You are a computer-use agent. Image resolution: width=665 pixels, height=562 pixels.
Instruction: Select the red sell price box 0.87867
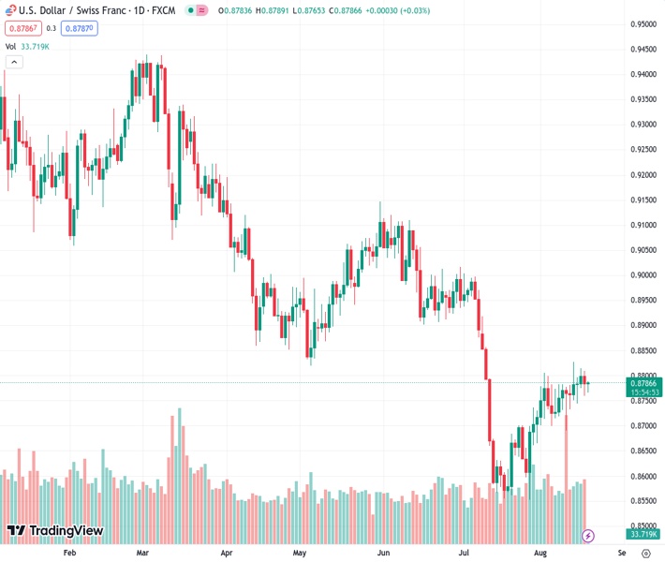pyautogui.click(x=22, y=28)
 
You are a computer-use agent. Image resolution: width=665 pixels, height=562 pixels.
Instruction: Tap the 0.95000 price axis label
pyautogui.click(x=642, y=24)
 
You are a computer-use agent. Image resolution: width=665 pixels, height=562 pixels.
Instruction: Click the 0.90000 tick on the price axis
pyautogui.click(x=642, y=275)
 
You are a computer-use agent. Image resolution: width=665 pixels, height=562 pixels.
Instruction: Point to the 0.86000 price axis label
pyautogui.click(x=642, y=476)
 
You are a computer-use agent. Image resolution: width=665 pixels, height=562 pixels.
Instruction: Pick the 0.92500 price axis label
pyautogui.click(x=642, y=150)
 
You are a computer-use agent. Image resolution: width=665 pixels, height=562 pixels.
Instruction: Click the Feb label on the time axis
pyautogui.click(x=68, y=553)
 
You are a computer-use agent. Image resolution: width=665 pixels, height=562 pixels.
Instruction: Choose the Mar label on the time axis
pyautogui.click(x=142, y=553)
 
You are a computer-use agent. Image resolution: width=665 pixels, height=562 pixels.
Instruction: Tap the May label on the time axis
pyautogui.click(x=300, y=553)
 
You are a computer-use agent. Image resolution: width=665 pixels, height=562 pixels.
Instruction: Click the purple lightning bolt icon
pyautogui.click(x=588, y=536)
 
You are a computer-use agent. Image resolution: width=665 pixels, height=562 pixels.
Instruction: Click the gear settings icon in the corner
pyautogui.click(x=645, y=553)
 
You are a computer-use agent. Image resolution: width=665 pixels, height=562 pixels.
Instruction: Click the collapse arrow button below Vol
pyautogui.click(x=13, y=62)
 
